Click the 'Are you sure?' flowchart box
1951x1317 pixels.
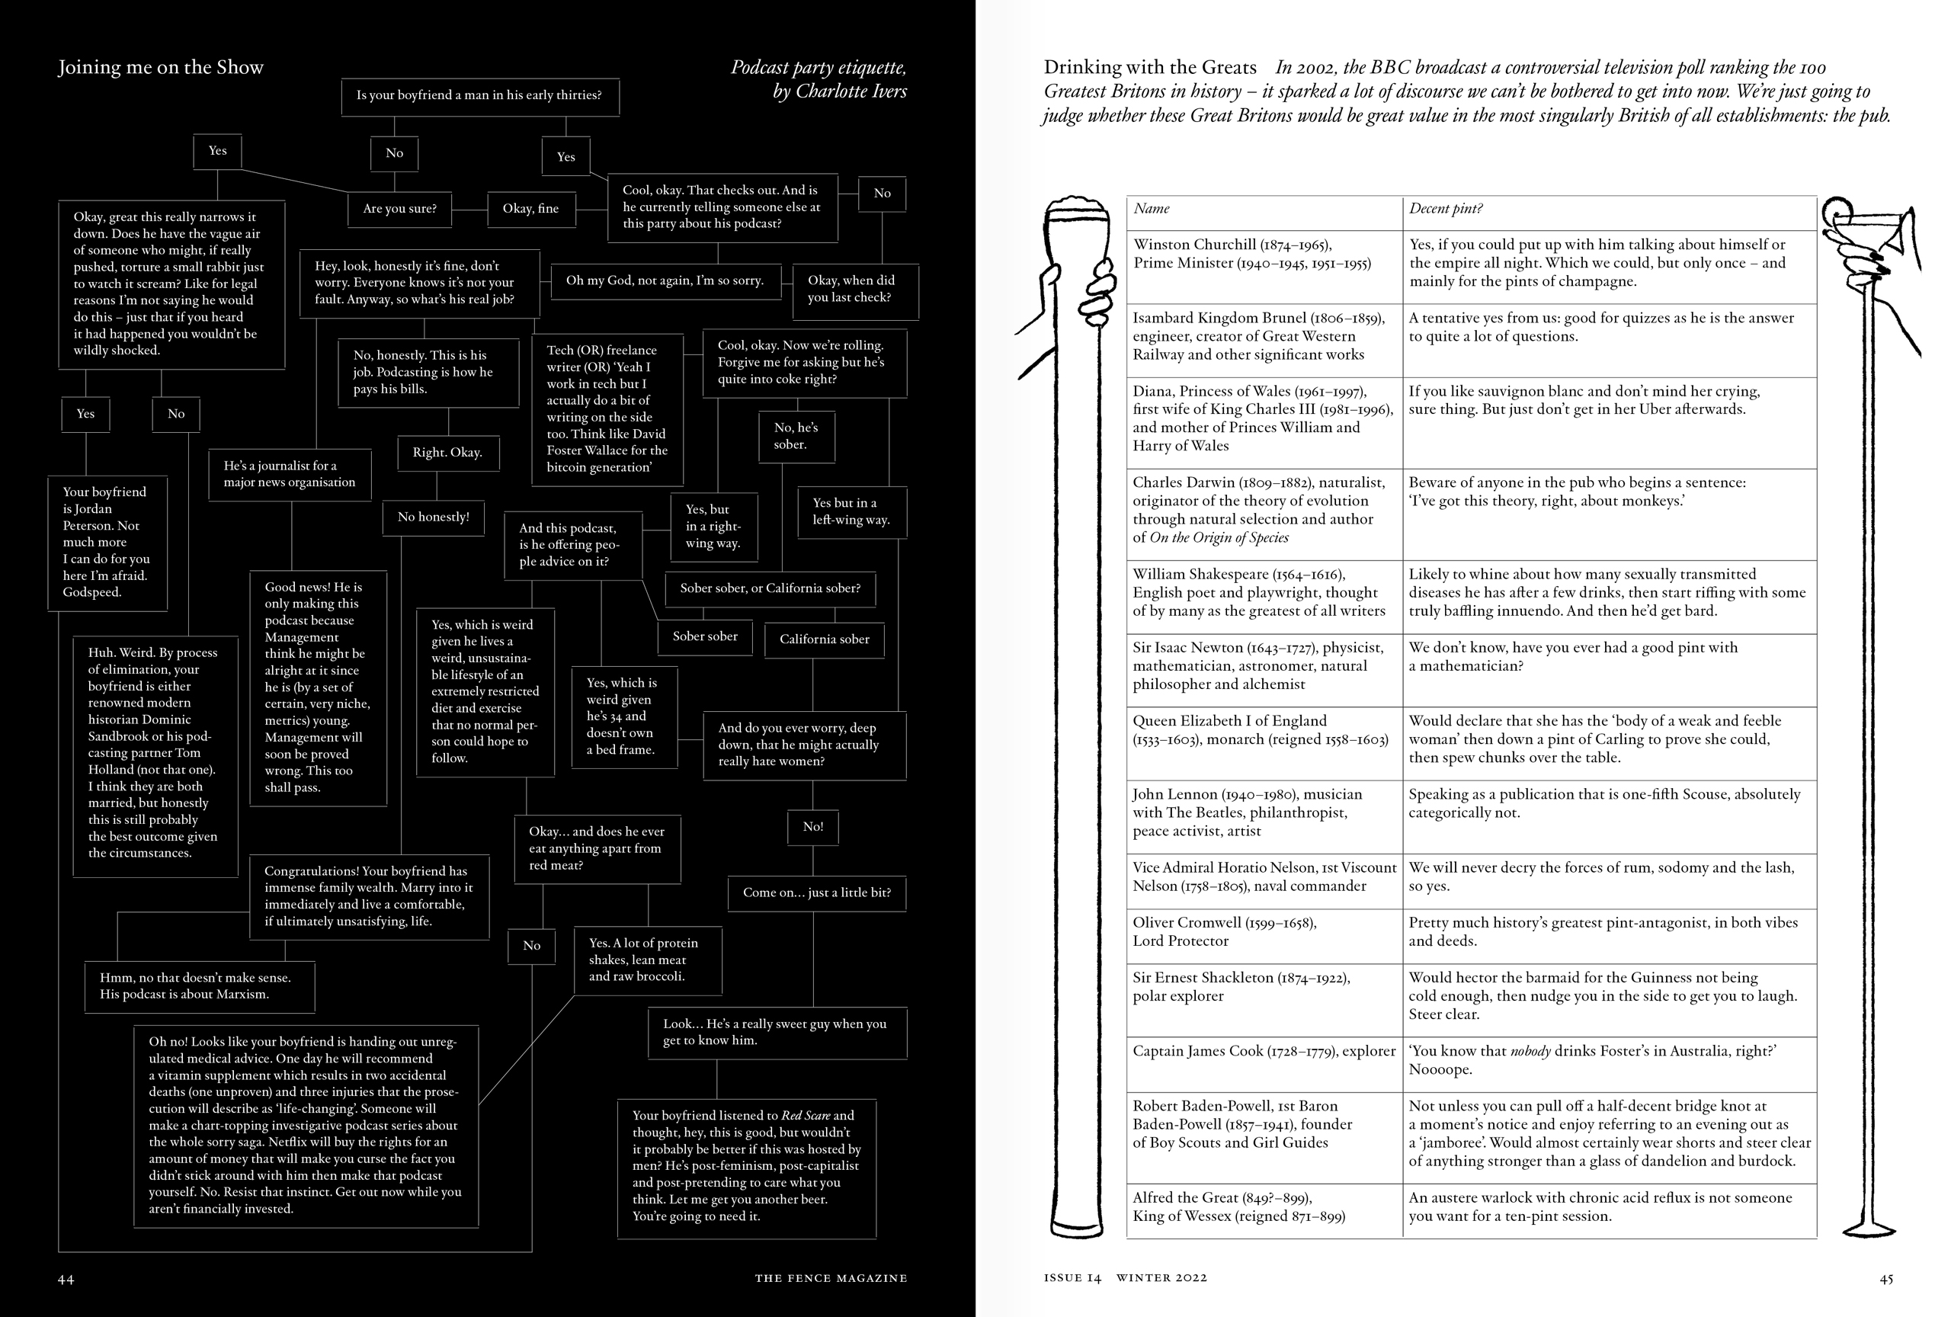399,209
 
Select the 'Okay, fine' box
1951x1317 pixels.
530,209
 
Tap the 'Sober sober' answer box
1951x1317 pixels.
705,636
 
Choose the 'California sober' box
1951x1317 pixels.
825,639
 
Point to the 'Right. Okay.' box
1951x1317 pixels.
447,453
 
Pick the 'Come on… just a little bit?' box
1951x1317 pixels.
817,892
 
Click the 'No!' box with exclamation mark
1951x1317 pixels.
812,827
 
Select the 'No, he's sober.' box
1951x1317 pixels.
796,437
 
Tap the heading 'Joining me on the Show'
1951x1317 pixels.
160,68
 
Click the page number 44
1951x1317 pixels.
66,1279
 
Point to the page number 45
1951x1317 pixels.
1885,1279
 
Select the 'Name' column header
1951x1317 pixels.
1151,209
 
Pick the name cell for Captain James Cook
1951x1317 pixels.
1264,1051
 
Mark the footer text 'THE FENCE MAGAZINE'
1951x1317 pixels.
830,1278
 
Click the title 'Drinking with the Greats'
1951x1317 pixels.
1150,68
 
